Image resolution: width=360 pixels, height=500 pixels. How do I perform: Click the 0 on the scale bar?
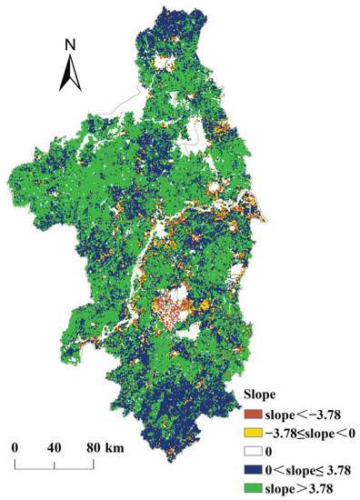click(x=15, y=447)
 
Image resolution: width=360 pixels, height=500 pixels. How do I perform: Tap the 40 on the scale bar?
click(x=54, y=447)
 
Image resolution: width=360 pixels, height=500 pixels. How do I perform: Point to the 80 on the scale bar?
click(x=94, y=447)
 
